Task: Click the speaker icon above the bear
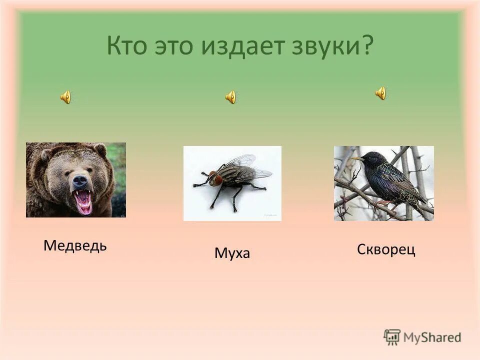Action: pos(65,97)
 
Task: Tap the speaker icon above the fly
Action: pos(230,97)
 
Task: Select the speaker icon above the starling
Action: pos(380,93)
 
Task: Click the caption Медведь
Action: pos(75,245)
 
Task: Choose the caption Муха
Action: pos(232,253)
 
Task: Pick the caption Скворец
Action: pos(386,249)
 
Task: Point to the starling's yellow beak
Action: pos(356,159)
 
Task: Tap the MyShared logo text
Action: pos(432,337)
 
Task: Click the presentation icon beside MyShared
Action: pos(392,337)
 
